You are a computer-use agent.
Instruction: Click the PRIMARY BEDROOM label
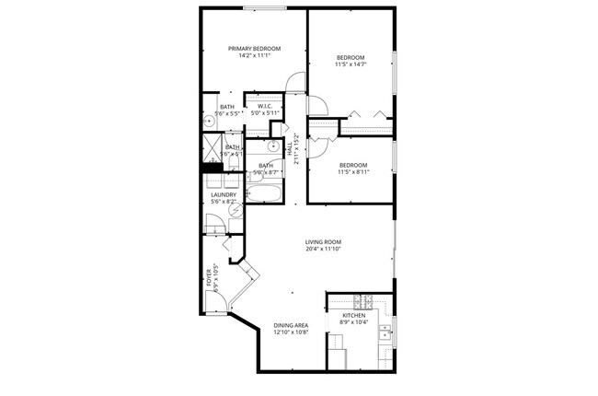point(254,48)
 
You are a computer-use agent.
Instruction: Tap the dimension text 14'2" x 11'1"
point(254,57)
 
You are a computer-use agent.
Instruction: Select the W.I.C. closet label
point(264,107)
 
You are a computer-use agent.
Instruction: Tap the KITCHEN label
point(353,315)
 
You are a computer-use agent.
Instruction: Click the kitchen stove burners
point(362,300)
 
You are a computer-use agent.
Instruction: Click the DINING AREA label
point(290,325)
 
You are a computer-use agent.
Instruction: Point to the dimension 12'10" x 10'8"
point(290,333)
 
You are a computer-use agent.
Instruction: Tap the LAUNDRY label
point(224,194)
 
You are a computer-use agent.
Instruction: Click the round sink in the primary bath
point(209,120)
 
